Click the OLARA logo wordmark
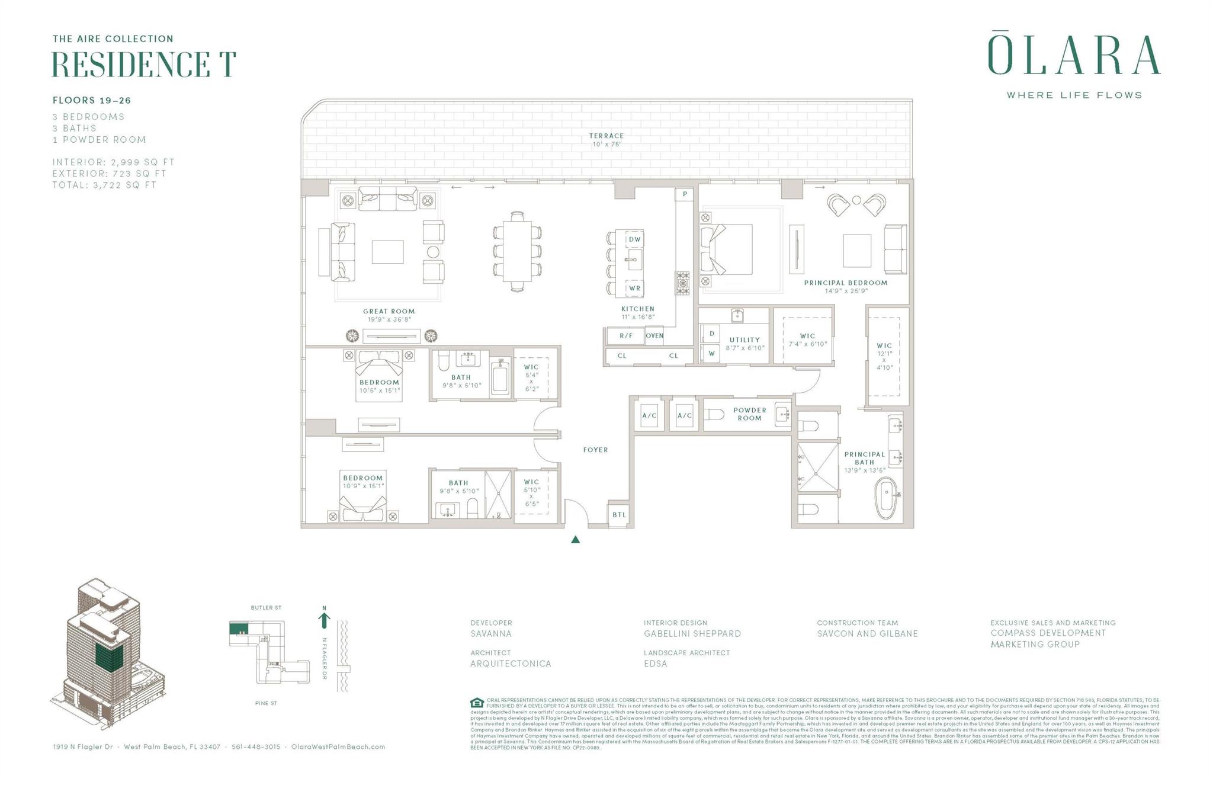(1073, 56)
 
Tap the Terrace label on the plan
(606, 136)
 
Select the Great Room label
(389, 312)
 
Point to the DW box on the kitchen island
(634, 239)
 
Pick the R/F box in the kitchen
(626, 336)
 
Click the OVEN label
(654, 336)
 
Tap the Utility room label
(745, 341)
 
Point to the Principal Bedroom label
(845, 283)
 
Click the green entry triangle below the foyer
(575, 540)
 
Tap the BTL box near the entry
(619, 515)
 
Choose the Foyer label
(595, 450)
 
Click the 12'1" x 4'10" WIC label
(884, 356)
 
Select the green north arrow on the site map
(324, 619)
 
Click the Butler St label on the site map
(266, 608)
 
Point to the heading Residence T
(144, 65)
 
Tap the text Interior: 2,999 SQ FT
(113, 162)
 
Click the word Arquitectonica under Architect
(511, 664)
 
